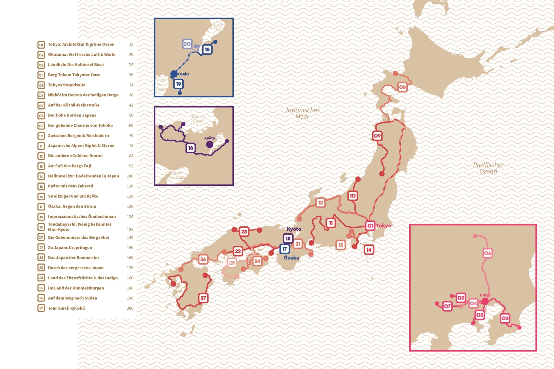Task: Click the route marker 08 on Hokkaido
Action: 402,87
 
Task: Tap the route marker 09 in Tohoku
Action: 377,136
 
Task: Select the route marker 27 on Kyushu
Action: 203,298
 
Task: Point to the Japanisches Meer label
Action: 302,113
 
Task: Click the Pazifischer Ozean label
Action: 488,168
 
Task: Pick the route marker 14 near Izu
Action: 369,250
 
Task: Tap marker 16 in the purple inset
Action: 191,148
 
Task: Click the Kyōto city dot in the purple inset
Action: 210,144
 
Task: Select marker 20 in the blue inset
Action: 187,44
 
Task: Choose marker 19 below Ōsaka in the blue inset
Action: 179,84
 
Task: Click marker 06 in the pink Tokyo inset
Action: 487,253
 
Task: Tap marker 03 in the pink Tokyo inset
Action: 505,318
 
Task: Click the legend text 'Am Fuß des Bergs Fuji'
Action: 69,166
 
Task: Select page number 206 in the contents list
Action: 130,308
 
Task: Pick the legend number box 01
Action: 41,45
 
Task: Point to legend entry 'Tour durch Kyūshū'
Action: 66,308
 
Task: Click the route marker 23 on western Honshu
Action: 244,231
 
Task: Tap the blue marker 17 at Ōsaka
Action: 285,249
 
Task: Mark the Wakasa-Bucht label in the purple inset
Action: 198,119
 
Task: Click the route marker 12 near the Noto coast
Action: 320,203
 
